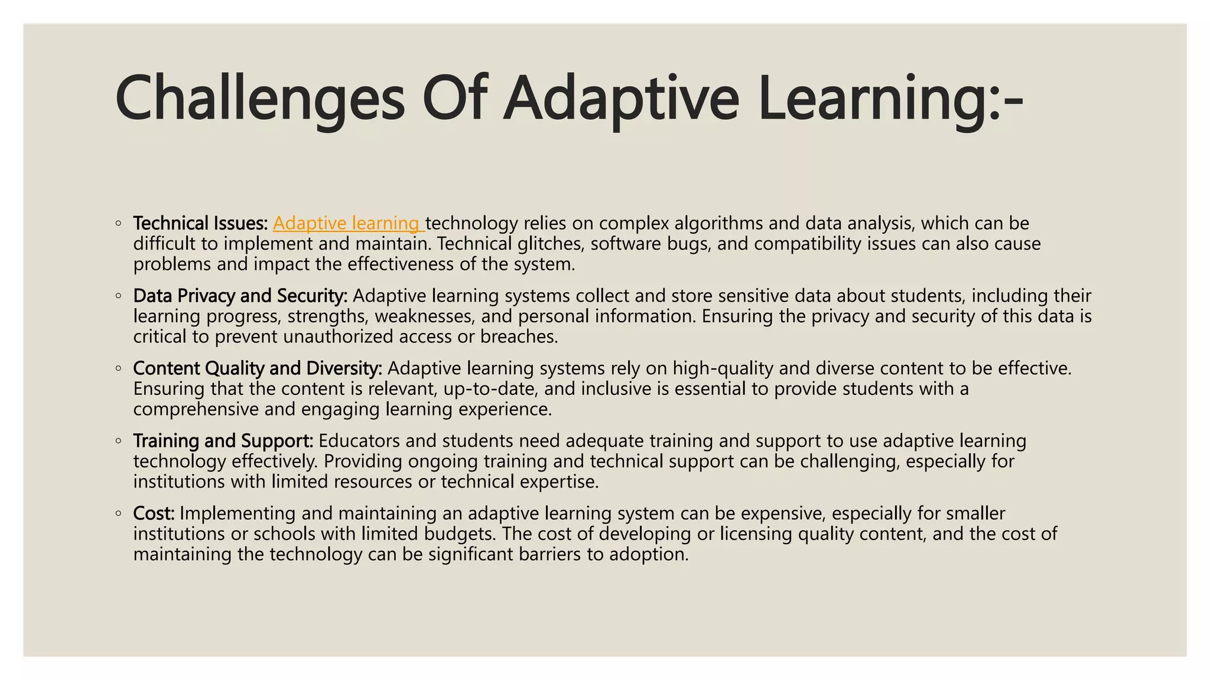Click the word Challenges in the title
260,98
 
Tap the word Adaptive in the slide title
620,98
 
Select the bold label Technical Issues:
200,223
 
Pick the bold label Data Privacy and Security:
240,296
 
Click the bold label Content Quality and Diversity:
258,368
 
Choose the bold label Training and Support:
223,441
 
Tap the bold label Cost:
154,514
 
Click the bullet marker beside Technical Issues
119,224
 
